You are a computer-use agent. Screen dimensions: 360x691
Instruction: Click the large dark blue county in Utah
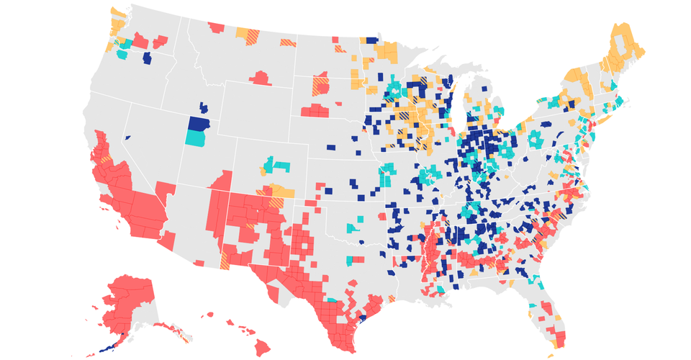(x=198, y=123)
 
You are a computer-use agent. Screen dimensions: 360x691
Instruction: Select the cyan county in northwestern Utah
(x=194, y=138)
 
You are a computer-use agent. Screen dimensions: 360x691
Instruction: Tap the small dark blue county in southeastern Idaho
(x=204, y=108)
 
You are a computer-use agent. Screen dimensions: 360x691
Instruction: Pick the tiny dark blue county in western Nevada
(x=127, y=137)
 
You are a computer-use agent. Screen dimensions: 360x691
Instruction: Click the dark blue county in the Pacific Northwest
(x=148, y=58)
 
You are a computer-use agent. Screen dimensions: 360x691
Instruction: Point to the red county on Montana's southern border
(x=261, y=77)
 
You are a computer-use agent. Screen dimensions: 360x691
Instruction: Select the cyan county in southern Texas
(x=333, y=300)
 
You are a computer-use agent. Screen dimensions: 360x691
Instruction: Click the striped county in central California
(x=106, y=159)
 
